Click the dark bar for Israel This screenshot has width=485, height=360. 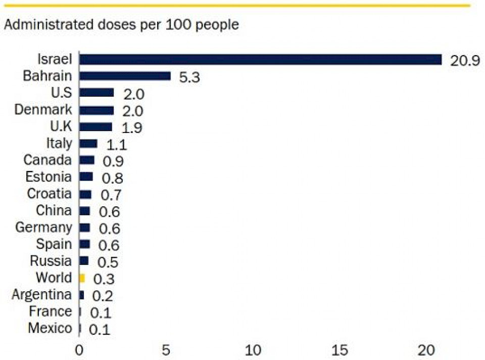(260, 59)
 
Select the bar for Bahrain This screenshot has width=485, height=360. (125, 76)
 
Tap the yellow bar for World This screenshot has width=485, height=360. (82, 278)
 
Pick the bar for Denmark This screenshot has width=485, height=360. (96, 110)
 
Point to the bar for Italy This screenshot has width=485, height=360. (88, 144)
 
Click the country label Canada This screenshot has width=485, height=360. (47, 160)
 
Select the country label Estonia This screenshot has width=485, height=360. (48, 176)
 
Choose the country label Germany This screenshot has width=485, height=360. (43, 228)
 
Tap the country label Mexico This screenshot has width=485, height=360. (50, 328)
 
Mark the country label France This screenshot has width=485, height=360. (50, 311)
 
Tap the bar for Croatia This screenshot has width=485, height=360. (85, 194)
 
